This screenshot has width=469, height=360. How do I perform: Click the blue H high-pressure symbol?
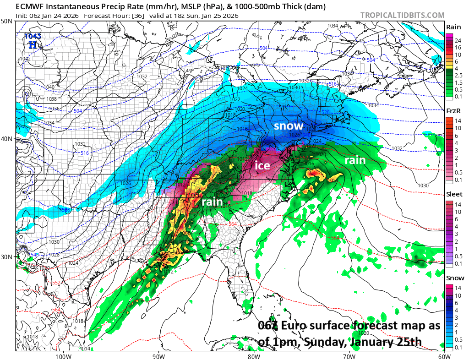tap(33, 44)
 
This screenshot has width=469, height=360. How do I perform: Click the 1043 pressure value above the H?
tap(32, 36)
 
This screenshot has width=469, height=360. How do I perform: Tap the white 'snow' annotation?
tap(289, 125)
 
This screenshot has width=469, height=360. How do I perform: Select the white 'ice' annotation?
tap(262, 165)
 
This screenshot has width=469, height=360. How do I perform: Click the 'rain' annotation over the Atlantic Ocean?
tap(355, 160)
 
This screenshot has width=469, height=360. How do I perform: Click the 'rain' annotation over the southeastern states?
tap(212, 201)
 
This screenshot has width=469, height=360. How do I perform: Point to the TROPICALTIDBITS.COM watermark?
tap(402, 15)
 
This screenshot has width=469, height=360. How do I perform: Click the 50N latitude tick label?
tap(7, 22)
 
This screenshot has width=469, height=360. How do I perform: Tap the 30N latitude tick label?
tap(7, 256)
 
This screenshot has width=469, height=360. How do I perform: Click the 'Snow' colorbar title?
tap(455, 278)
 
